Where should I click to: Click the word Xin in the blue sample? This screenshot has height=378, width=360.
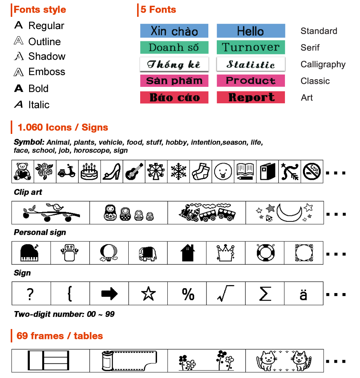click(158, 31)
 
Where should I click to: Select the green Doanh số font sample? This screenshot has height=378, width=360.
click(174, 47)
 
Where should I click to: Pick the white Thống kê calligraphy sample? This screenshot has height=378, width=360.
click(174, 64)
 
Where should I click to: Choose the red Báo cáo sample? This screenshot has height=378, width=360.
click(174, 97)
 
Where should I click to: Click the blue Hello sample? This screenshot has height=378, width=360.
click(250, 31)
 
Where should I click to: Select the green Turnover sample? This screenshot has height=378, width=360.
click(251, 47)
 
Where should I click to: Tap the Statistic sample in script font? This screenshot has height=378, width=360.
click(251, 64)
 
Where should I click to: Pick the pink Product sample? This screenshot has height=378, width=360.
click(251, 81)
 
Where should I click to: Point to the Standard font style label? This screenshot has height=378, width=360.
click(319, 31)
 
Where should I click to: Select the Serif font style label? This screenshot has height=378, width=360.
click(310, 48)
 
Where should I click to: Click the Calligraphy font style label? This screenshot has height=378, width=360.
click(322, 64)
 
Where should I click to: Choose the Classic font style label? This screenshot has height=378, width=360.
click(315, 81)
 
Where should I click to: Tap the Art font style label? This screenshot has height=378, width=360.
click(307, 98)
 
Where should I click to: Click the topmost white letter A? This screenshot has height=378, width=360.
click(18, 41)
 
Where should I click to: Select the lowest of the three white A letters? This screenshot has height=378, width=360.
click(18, 72)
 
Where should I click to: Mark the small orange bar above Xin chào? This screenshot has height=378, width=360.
click(158, 10)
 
